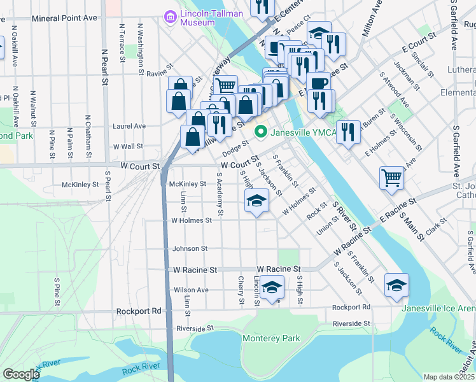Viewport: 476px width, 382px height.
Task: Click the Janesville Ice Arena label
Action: coord(438,309)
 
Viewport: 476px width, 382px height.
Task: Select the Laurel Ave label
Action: coord(129,126)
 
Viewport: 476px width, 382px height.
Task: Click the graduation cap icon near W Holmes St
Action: coord(257,201)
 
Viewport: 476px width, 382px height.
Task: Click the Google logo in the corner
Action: coord(20,374)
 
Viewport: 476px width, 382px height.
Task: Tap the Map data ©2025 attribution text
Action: coord(449,377)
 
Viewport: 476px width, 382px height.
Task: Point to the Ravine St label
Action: coord(160,74)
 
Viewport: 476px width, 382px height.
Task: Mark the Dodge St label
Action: coord(235,150)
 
